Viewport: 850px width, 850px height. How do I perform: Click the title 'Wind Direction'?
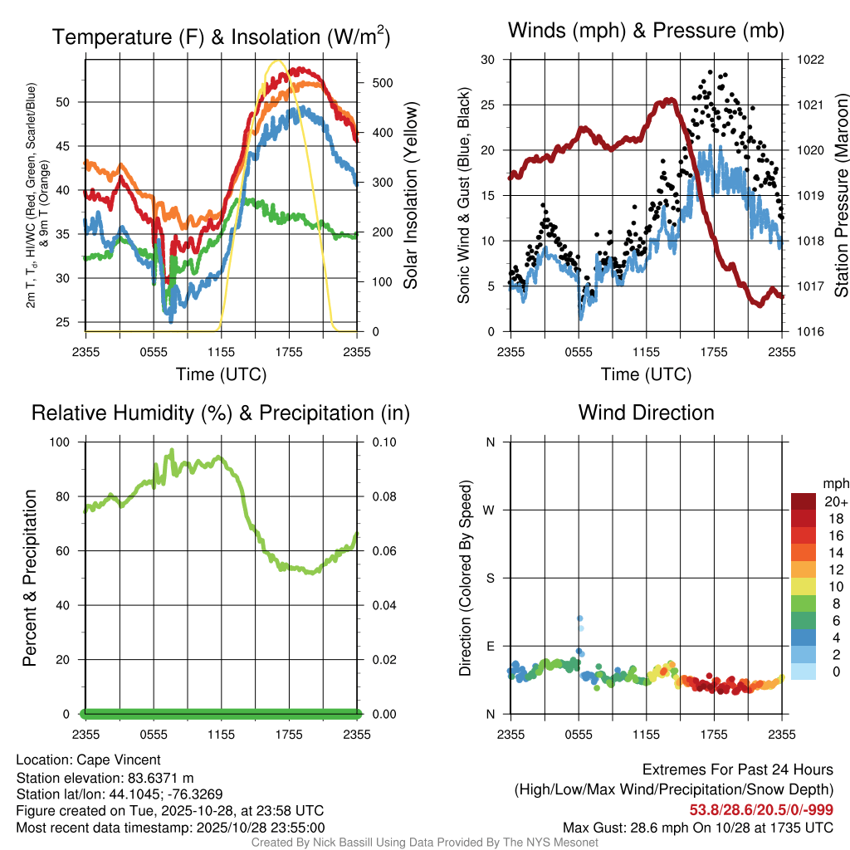pyautogui.click(x=646, y=413)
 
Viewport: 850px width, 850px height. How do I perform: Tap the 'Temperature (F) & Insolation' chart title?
pyautogui.click(x=221, y=37)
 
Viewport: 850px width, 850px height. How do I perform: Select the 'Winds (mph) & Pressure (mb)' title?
pyautogui.click(x=646, y=31)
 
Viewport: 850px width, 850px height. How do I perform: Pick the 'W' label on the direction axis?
pyautogui.click(x=490, y=510)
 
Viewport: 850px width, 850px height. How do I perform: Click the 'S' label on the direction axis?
pyautogui.click(x=490, y=578)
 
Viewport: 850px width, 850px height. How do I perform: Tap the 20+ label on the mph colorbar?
pyautogui.click(x=836, y=501)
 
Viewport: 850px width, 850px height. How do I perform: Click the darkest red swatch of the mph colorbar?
pyautogui.click(x=803, y=501)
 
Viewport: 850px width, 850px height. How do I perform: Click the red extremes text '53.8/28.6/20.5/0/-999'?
pyautogui.click(x=761, y=809)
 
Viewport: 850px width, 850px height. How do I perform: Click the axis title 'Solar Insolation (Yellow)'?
pyautogui.click(x=410, y=195)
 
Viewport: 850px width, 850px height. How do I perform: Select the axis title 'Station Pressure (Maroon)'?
pyautogui.click(x=840, y=195)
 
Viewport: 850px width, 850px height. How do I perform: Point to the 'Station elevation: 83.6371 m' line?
pyautogui.click(x=105, y=778)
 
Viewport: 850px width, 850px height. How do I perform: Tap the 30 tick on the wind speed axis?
pyautogui.click(x=488, y=60)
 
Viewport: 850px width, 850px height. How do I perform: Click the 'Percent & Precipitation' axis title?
pyautogui.click(x=29, y=578)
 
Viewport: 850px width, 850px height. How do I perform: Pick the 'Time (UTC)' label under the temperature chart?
pyautogui.click(x=221, y=374)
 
